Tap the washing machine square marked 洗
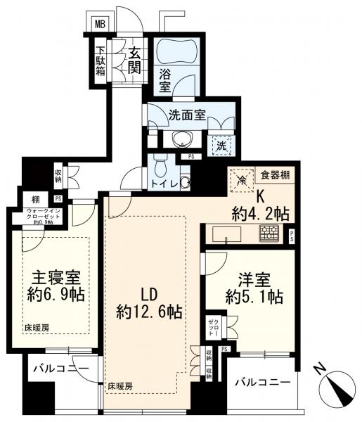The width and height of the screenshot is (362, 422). pos(221,146)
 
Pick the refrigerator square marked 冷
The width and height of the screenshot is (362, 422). pos(241,179)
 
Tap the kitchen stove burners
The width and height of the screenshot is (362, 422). pos(269,234)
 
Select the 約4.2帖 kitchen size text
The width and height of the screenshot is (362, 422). pos(261,212)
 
